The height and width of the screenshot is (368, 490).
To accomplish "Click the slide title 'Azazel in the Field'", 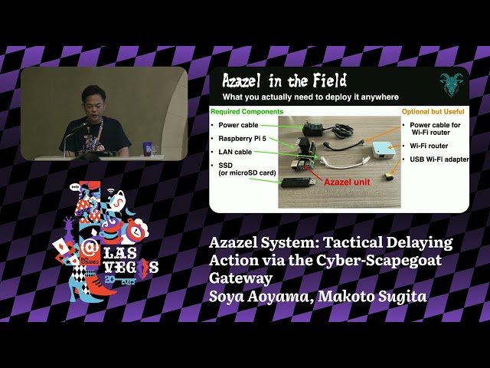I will coord(284,80).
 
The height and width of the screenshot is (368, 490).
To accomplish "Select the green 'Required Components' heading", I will coord(241,111).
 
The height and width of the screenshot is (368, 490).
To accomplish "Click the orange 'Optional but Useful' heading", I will coord(433,111).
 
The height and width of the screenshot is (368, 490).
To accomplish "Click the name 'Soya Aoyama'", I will coord(254,295).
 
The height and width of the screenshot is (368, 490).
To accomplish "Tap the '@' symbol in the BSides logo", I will coord(90,247).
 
